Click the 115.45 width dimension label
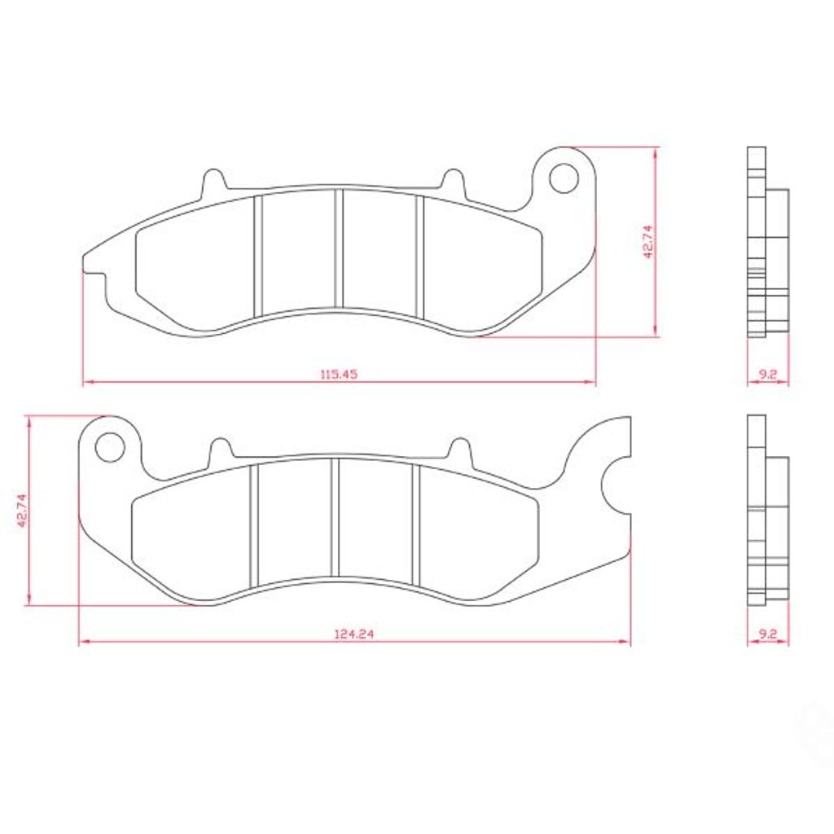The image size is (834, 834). pos(339,374)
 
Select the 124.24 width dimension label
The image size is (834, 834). pos(354,634)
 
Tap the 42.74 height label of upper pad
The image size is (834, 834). pos(647,241)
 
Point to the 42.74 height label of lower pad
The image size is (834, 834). pos(22,510)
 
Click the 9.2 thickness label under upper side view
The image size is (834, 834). pos(767,375)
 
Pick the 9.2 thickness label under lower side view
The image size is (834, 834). pos(767,634)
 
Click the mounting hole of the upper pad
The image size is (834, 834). pos(564,178)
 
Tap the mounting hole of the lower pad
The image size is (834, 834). pos(110,447)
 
